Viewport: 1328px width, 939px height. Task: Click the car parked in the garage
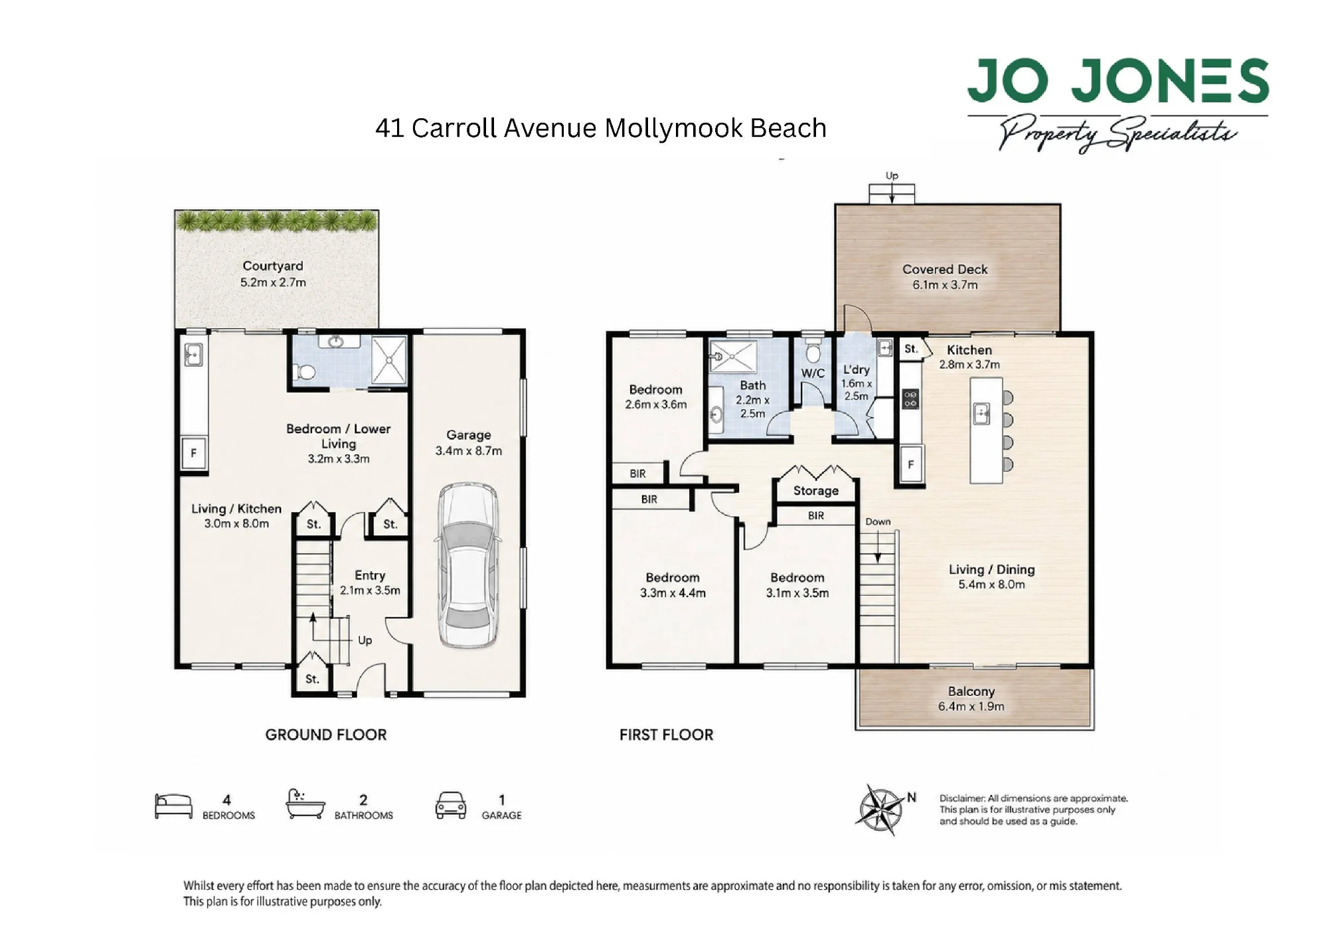click(x=468, y=566)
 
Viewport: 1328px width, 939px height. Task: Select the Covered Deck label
click(x=945, y=269)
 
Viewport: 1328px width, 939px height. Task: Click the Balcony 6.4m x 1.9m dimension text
click(x=971, y=707)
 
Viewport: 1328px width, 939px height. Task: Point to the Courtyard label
click(x=273, y=266)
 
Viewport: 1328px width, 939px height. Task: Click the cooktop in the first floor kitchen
click(x=910, y=399)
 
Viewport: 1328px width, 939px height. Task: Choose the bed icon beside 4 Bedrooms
click(x=173, y=806)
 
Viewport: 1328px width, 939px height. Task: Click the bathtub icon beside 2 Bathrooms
click(x=305, y=804)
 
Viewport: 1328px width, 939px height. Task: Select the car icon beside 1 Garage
click(x=451, y=805)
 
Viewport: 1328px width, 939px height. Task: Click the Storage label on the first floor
click(x=816, y=491)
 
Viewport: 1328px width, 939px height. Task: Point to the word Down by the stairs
click(x=878, y=522)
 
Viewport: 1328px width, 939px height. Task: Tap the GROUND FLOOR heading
click(x=326, y=734)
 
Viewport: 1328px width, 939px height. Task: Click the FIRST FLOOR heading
click(x=667, y=734)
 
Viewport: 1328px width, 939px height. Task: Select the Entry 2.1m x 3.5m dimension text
click(x=370, y=590)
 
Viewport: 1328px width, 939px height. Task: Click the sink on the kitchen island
click(x=981, y=413)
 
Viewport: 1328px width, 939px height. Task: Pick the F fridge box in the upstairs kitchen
click(x=911, y=465)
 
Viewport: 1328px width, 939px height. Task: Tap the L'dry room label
click(x=857, y=370)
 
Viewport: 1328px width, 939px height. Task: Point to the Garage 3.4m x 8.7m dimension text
click(x=469, y=451)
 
